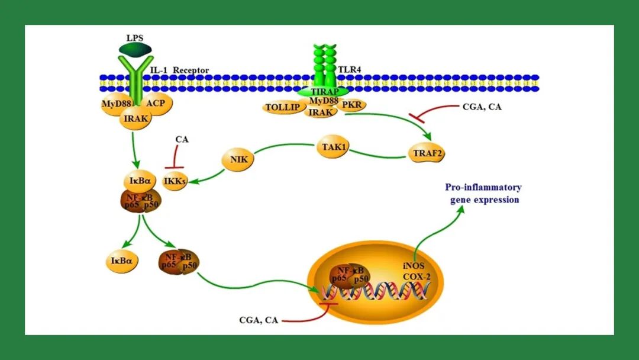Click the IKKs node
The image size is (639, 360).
(x=175, y=182)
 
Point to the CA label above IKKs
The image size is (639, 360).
(x=182, y=139)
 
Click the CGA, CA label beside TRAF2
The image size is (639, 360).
(x=481, y=107)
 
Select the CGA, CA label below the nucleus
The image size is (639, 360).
(x=259, y=320)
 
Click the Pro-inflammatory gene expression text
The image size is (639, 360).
(x=483, y=194)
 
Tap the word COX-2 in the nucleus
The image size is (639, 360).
(x=415, y=277)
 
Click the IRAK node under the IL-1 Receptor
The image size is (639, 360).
(x=136, y=118)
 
